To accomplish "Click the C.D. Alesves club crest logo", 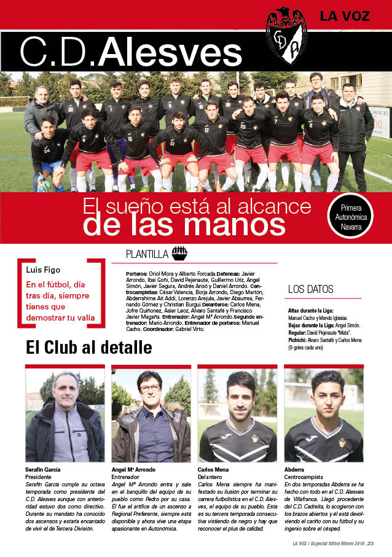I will pyautogui.click(x=286, y=36).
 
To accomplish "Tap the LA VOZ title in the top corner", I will pyautogui.click(x=345, y=16).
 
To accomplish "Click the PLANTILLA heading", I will pyautogui.click(x=147, y=253).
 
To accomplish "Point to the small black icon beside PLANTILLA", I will pyautogui.click(x=179, y=252).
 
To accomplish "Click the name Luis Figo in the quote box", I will pyautogui.click(x=43, y=270).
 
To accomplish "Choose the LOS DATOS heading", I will pyautogui.click(x=310, y=289).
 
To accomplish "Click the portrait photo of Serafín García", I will pyautogui.click(x=65, y=415).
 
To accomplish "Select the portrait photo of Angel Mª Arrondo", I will pyautogui.click(x=151, y=415).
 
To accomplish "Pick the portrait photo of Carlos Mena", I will pyautogui.click(x=237, y=415).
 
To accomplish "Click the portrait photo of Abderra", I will pyautogui.click(x=323, y=415).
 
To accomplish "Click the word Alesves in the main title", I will pyautogui.click(x=170, y=53).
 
